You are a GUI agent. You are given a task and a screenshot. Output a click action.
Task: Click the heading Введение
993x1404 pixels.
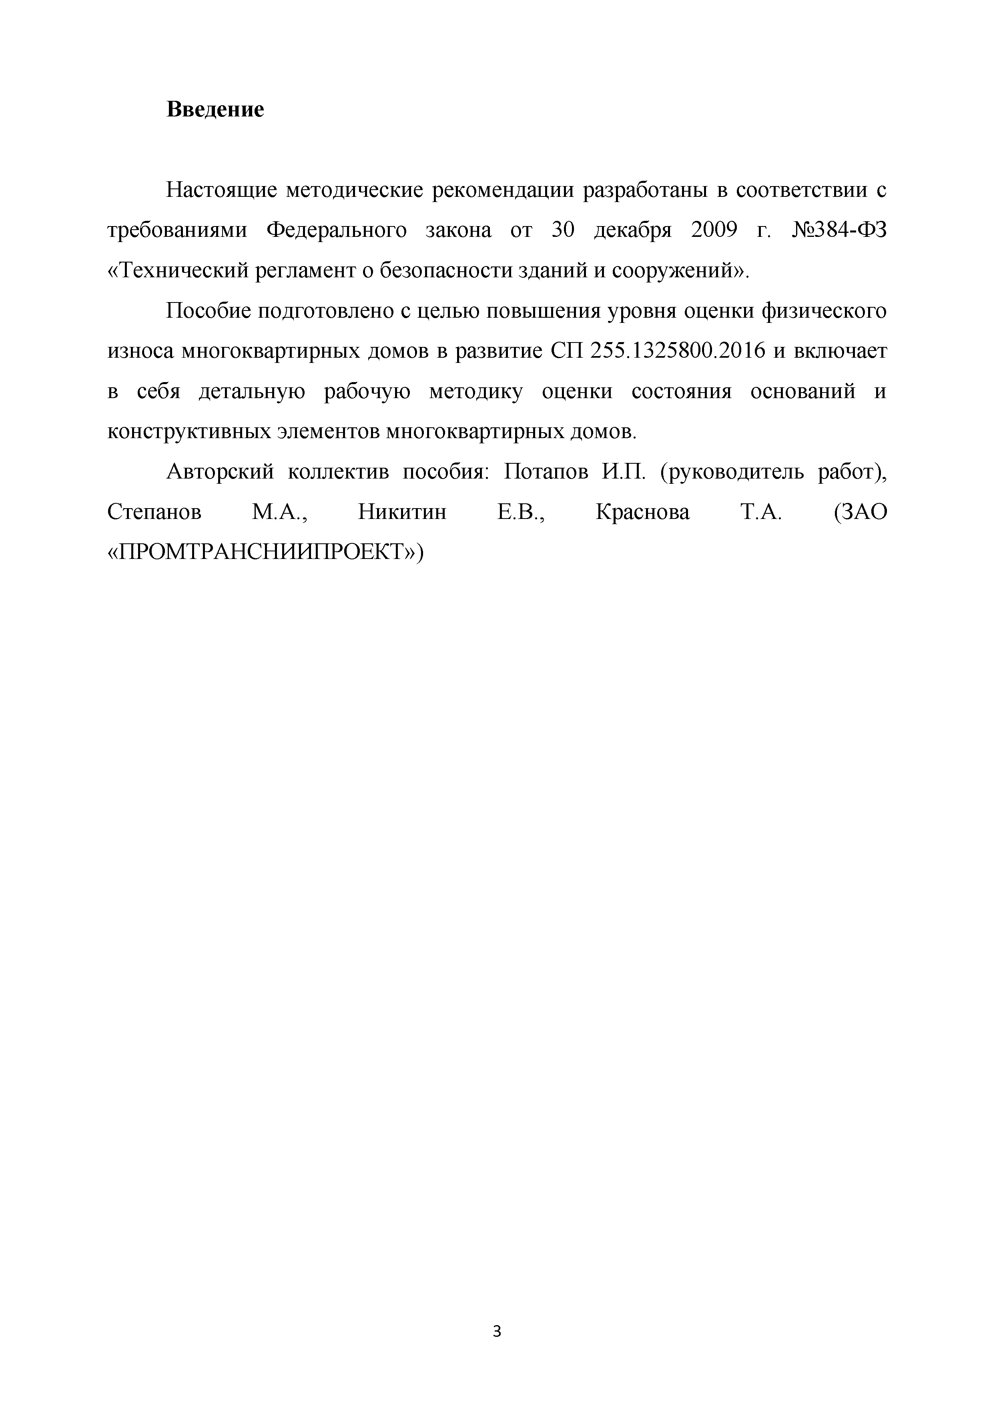pyautogui.click(x=215, y=110)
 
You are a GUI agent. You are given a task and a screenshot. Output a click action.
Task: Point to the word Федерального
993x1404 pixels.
pyautogui.click(x=337, y=230)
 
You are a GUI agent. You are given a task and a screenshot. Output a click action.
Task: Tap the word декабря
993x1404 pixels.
pyautogui.click(x=633, y=230)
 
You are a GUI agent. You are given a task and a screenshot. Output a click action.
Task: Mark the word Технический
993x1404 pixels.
pyautogui.click(x=183, y=271)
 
